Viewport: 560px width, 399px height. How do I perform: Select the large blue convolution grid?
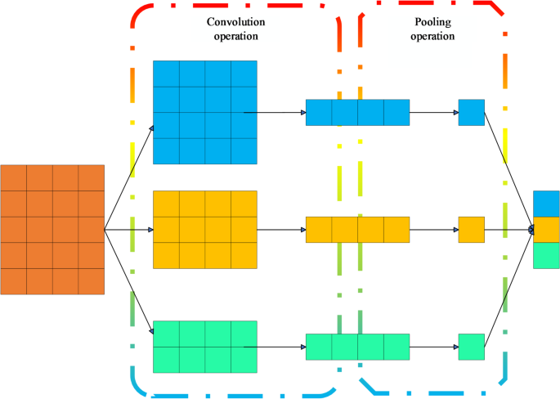coord(205,112)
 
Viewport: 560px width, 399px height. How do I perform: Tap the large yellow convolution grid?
coord(205,230)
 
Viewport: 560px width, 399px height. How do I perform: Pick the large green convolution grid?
coord(205,347)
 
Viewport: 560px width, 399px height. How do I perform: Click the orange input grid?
coord(52,230)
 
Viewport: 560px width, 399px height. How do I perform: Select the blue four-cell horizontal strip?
coord(357,112)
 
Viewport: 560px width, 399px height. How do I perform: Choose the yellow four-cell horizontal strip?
coord(357,230)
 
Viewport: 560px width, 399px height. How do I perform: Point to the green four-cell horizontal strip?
coord(357,347)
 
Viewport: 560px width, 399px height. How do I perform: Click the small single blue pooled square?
coord(472,112)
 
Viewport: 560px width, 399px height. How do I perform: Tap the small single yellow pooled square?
coord(472,230)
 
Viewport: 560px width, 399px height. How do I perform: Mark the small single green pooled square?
coord(472,347)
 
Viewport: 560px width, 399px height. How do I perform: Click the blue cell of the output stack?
coord(546,204)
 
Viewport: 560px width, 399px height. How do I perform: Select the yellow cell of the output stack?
coord(546,230)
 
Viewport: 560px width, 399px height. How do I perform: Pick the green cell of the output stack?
coord(546,256)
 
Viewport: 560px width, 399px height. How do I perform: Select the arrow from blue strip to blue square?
coord(433,112)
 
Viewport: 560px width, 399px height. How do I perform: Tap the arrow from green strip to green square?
coord(433,347)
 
